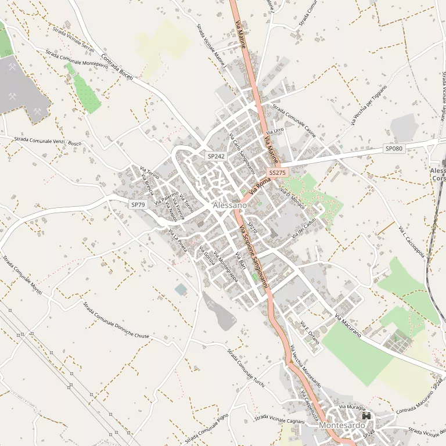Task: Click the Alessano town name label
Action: click(x=229, y=206)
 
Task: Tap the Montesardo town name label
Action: click(x=340, y=425)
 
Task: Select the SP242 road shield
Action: click(x=216, y=156)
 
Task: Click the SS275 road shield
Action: click(x=278, y=173)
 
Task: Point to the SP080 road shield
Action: click(x=394, y=149)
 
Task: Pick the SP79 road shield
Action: click(x=138, y=204)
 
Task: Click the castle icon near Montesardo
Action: click(x=366, y=416)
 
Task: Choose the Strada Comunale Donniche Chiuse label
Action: click(x=116, y=320)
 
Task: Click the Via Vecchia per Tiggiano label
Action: click(x=369, y=105)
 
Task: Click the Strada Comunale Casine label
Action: click(x=294, y=120)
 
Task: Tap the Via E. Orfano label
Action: click(x=310, y=332)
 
